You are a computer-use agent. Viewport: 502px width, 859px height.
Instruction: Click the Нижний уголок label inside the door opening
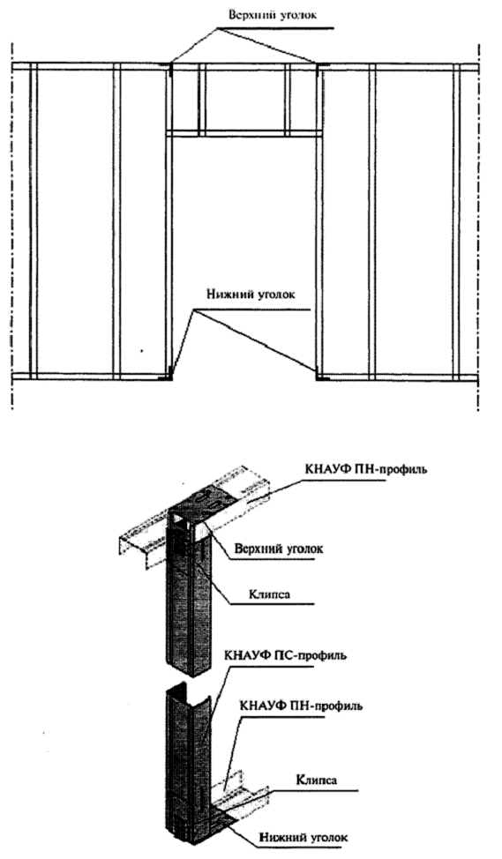click(x=251, y=295)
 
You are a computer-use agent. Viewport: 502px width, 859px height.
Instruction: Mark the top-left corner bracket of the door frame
click(x=170, y=67)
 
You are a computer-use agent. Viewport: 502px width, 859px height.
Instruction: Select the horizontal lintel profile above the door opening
click(x=244, y=133)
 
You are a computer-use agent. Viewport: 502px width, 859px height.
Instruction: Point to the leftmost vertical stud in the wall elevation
click(x=34, y=220)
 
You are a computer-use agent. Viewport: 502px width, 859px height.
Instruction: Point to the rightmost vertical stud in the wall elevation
click(x=456, y=220)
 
